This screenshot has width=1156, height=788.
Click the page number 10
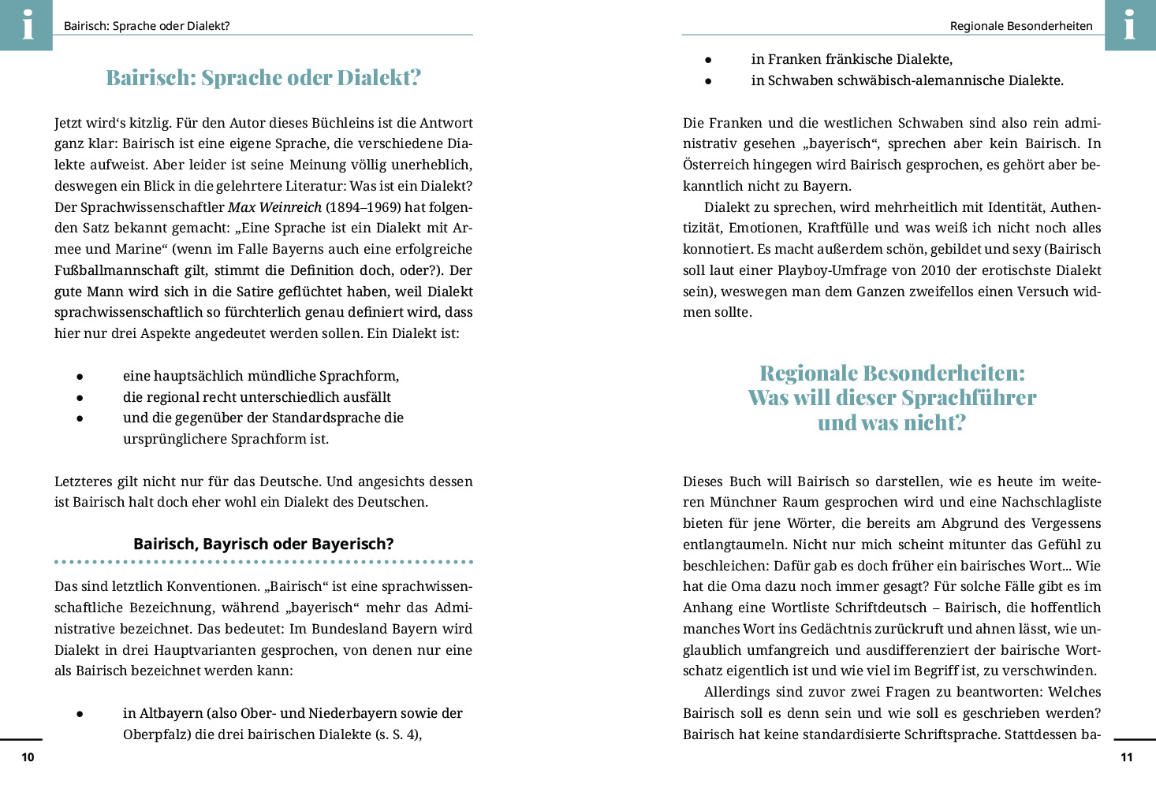pos(28,757)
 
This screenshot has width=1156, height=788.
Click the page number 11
pos(1126,757)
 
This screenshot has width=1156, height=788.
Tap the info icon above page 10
pos(27,24)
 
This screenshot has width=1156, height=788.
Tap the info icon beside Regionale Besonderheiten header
pos(1129,24)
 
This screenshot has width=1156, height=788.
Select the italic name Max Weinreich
pos(274,207)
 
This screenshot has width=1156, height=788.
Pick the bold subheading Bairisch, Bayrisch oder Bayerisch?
pos(263,544)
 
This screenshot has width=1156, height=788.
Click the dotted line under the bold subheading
pos(263,562)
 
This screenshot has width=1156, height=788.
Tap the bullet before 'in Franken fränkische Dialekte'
pos(708,60)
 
